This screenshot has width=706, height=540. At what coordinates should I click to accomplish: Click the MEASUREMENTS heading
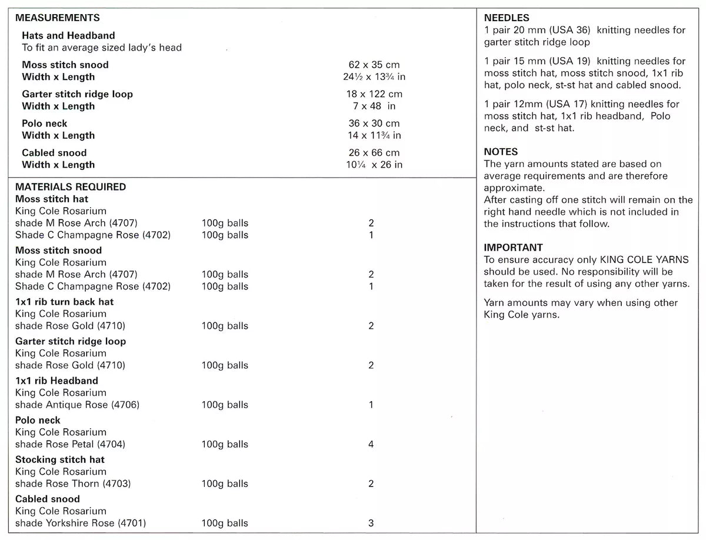(58, 18)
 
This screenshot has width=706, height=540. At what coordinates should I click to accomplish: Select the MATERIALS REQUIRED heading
(71, 187)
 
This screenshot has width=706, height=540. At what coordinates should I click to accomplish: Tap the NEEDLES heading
(507, 18)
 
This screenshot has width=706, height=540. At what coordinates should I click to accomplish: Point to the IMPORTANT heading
(513, 248)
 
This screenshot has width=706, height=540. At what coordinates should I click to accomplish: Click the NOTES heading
(501, 152)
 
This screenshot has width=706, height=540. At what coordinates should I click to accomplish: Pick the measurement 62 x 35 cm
(374, 65)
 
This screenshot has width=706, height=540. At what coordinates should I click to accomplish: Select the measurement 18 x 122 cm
(374, 94)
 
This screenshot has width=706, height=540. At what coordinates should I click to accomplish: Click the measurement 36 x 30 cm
(374, 124)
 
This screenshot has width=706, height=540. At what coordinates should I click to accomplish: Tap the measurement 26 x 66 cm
(374, 153)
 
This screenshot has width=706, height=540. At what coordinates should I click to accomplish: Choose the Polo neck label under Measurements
(45, 124)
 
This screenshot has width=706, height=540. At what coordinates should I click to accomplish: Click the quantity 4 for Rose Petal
(371, 445)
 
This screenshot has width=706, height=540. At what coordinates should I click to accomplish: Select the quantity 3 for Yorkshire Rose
(371, 524)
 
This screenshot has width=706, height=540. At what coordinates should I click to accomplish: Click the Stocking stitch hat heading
(60, 459)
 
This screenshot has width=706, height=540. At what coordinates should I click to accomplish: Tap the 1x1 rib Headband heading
(57, 381)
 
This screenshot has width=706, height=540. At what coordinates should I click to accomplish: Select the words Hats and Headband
(69, 36)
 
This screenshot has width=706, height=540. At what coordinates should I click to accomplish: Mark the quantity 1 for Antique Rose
(371, 405)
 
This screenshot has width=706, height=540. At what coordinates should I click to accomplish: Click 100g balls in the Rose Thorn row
(225, 484)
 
